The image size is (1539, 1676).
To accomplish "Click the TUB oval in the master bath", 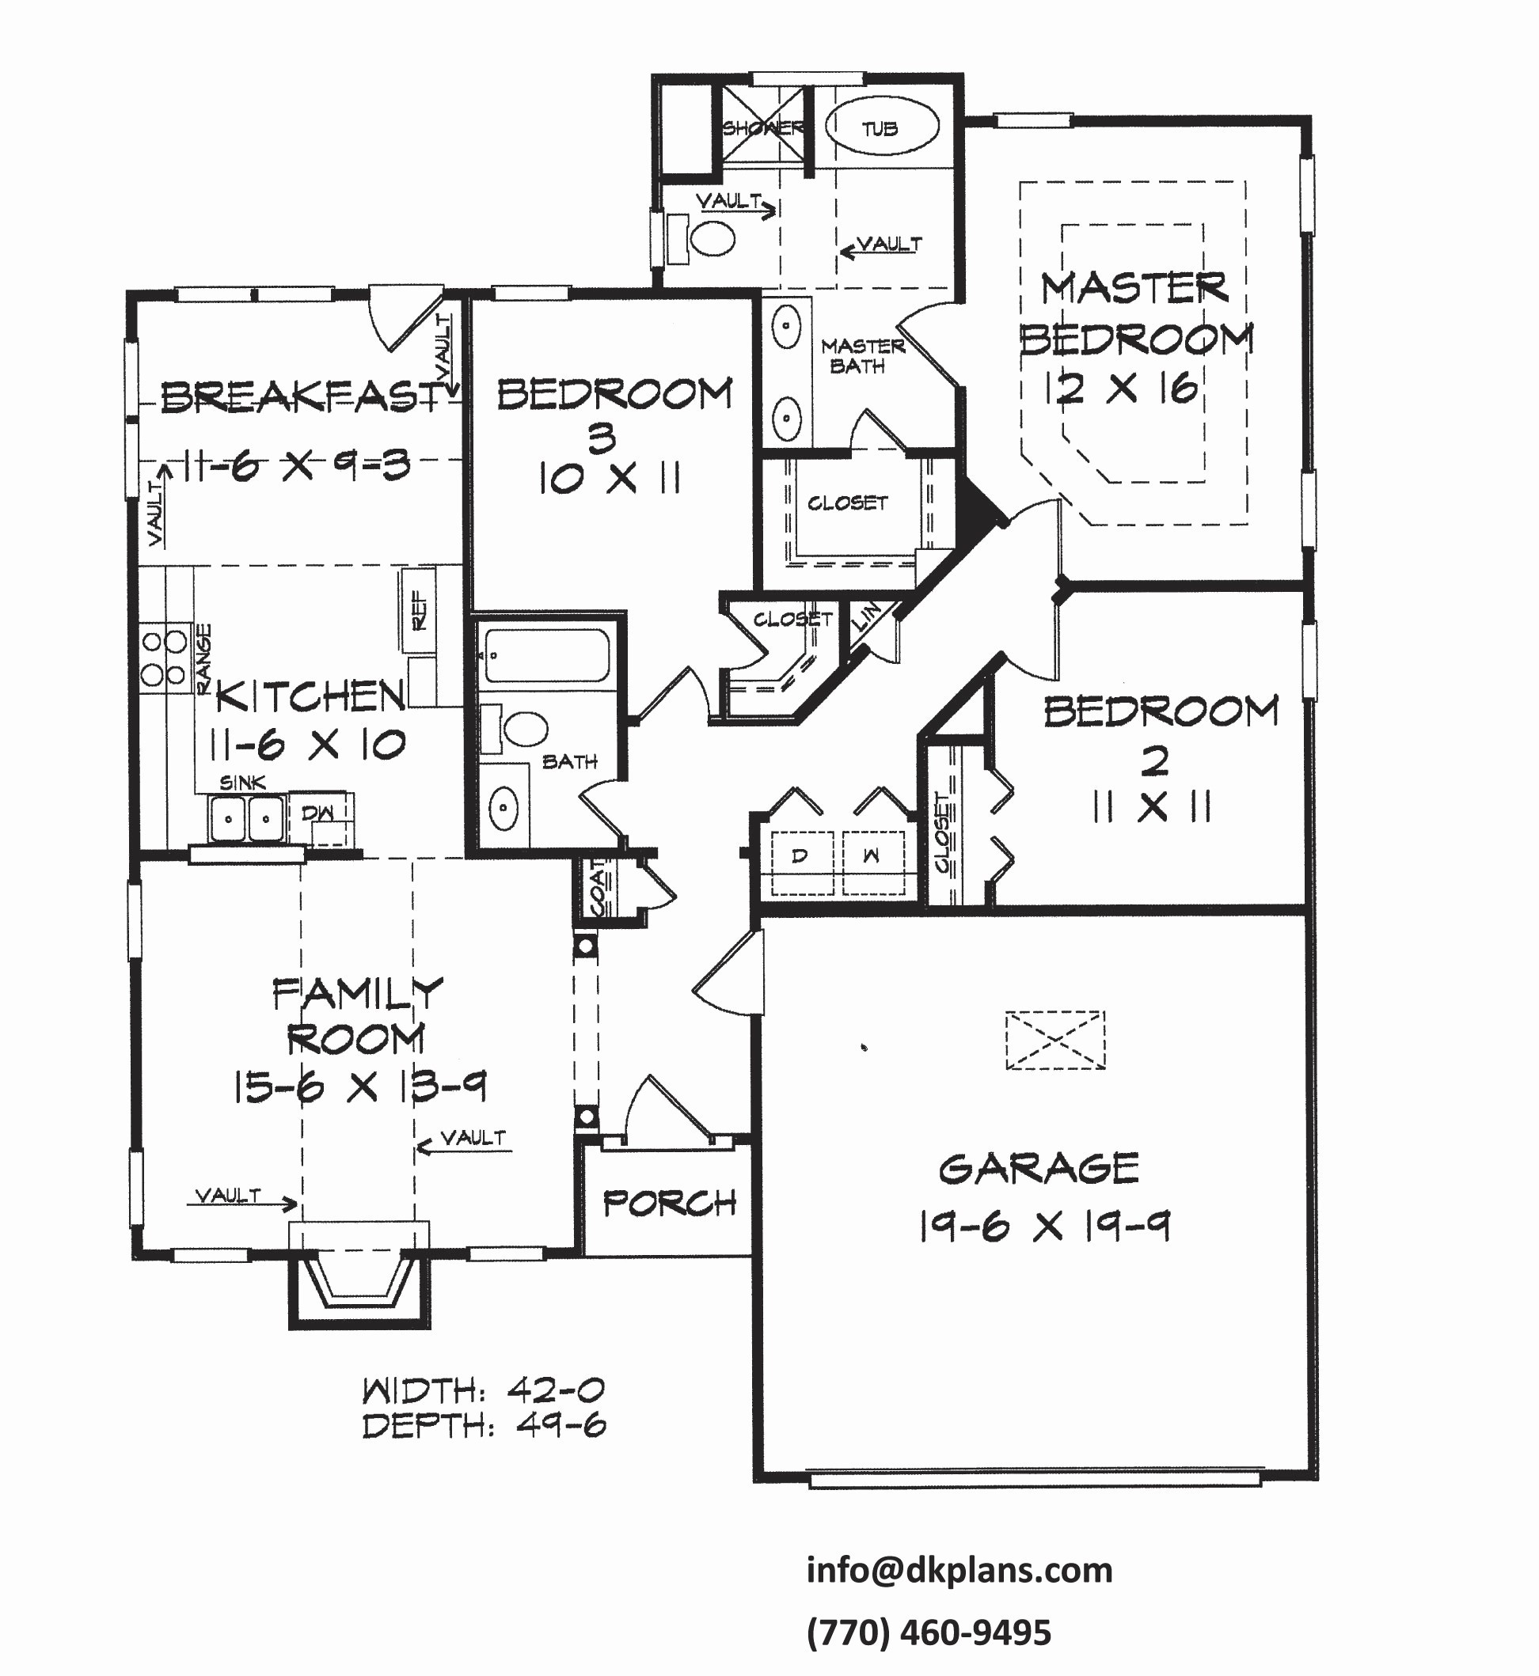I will [881, 127].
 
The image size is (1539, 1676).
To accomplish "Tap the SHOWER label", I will [762, 128].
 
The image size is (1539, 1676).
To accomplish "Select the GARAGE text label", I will [1039, 1168].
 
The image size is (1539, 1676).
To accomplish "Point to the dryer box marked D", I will [800, 856].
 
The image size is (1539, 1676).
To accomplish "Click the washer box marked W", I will [871, 856].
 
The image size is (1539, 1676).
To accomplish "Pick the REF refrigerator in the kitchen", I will [419, 610].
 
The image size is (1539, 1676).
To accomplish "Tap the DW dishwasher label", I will [317, 813].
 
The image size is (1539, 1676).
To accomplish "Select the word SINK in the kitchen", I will [242, 783].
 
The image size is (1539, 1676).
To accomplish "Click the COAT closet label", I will [598, 889].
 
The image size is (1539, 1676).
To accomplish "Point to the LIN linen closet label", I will [867, 617].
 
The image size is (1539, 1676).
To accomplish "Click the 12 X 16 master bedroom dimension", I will [1122, 388].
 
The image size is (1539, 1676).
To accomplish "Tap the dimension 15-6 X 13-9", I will [359, 1086].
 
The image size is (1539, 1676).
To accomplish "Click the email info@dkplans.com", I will [959, 1570].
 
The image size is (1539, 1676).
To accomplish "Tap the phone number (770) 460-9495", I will [929, 1633].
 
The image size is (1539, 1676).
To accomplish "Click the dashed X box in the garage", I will [1054, 1040].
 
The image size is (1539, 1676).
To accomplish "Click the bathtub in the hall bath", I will [547, 655].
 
